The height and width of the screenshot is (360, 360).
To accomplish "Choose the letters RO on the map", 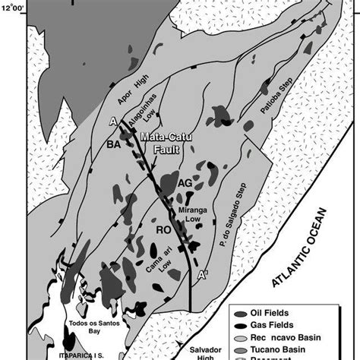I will tap(163, 227).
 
